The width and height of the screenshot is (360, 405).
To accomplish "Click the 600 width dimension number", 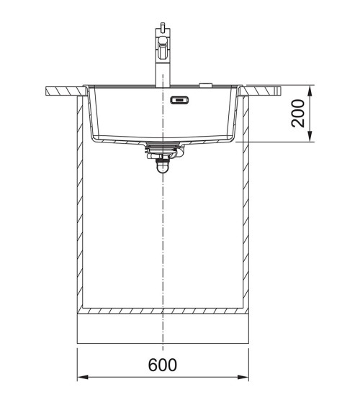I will pos(163,364).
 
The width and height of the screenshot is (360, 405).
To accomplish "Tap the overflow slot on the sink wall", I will pos(179,101).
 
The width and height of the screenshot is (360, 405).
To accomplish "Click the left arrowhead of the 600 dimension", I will pos(81,376).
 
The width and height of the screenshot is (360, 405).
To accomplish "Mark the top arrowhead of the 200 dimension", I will pos(310,91).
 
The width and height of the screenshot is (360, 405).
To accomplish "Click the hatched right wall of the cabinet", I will pos(246,209).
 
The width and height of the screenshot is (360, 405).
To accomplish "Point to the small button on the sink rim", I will pos(206,84).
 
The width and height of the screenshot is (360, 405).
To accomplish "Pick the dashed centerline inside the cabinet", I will pos(163,237).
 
